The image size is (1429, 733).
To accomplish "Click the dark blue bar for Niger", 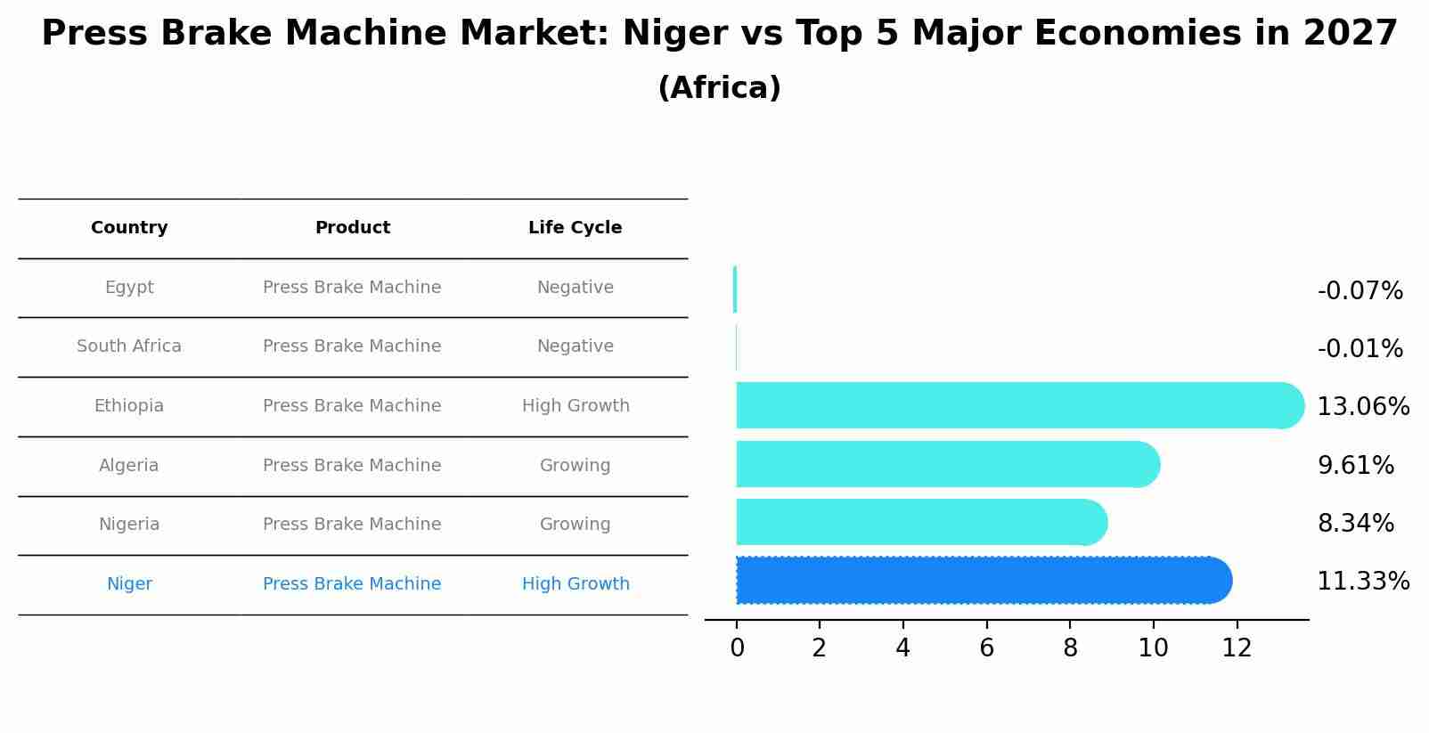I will (980, 581).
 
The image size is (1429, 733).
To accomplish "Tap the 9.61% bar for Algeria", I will (944, 464).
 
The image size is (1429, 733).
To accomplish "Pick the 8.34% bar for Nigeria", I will (918, 522).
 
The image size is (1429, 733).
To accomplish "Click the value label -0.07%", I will (1360, 291).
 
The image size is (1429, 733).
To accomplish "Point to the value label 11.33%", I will (1363, 582).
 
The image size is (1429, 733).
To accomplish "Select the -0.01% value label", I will (1360, 349).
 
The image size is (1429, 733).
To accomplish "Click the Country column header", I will (129, 228).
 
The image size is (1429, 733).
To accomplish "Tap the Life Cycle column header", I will (575, 228).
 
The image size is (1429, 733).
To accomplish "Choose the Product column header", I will (352, 228).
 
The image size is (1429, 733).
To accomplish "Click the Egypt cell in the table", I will (129, 288).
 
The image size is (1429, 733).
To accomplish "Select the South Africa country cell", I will (129, 346).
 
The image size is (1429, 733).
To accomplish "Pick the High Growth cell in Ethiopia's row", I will (576, 406).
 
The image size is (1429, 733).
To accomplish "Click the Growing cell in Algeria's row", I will (575, 466).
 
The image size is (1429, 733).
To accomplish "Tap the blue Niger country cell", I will (129, 584).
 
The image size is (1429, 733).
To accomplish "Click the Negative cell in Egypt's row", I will (575, 288).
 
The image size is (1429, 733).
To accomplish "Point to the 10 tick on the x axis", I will (1153, 648).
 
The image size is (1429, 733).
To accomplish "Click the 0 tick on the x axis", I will (737, 648).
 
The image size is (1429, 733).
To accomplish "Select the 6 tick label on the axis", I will (986, 648).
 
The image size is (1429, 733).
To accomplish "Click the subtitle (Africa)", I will (719, 88).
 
